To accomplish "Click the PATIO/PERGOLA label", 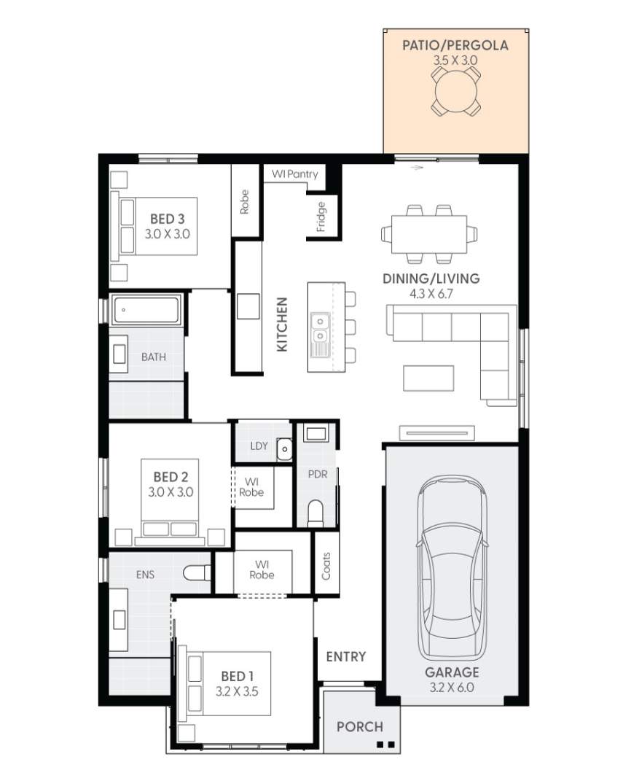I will [455, 45].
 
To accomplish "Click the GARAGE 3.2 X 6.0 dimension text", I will [452, 686].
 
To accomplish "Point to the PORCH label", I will [360, 726].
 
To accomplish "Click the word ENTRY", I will [346, 656].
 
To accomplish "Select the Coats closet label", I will [326, 566].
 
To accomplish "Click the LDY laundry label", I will [258, 446].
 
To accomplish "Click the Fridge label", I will [321, 217].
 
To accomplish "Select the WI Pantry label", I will [294, 174].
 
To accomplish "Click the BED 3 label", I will [167, 219].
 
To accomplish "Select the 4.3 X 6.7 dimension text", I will [431, 294].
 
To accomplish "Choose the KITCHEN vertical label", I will [282, 325].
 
